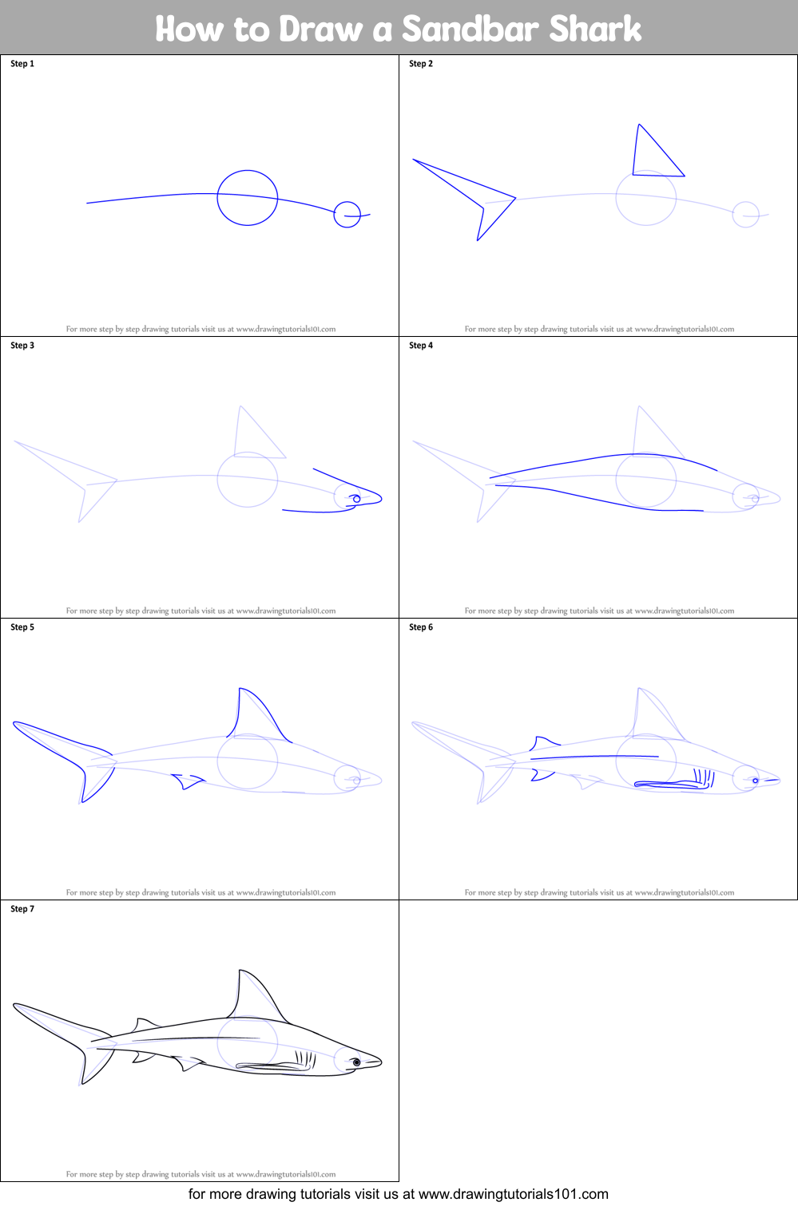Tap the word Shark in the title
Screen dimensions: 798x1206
coord(595,29)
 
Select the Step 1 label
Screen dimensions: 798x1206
coord(22,64)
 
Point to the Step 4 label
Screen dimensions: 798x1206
coord(421,345)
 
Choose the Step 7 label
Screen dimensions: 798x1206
coord(22,909)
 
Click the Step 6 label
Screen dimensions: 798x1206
coord(421,627)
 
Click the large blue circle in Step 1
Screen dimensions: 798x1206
coord(218,198)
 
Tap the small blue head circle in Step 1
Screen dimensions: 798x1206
coord(334,214)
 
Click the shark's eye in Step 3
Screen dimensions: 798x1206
coord(356,499)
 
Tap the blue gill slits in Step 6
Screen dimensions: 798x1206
coord(704,778)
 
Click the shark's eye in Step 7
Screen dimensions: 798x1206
coord(356,1062)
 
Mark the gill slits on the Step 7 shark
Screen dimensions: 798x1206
coord(305,1059)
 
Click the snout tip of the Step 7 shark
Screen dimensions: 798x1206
coord(382,1062)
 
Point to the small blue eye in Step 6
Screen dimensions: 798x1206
coord(756,781)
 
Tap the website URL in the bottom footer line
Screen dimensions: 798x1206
coord(513,1194)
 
